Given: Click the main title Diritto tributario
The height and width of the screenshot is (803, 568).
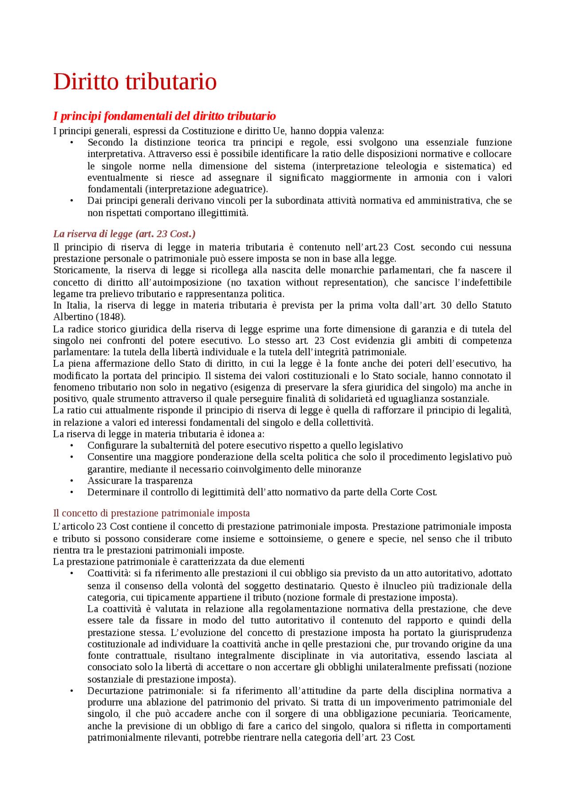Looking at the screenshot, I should (x=135, y=82).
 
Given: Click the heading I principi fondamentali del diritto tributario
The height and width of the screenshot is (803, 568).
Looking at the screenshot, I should (x=164, y=116).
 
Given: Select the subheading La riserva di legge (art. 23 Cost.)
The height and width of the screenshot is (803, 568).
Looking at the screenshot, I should (x=124, y=234).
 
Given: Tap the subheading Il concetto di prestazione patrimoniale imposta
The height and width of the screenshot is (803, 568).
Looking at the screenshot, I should (x=151, y=513).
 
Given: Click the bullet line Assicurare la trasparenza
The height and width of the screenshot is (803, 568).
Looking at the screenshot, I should (x=140, y=481).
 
